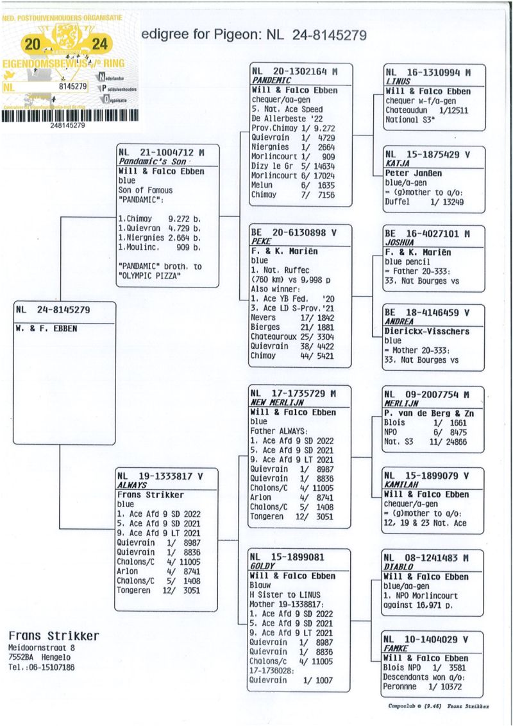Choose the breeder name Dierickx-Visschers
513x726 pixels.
pos(427,332)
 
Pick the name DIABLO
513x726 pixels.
pos(398,567)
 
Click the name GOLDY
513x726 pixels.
pos(262,567)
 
